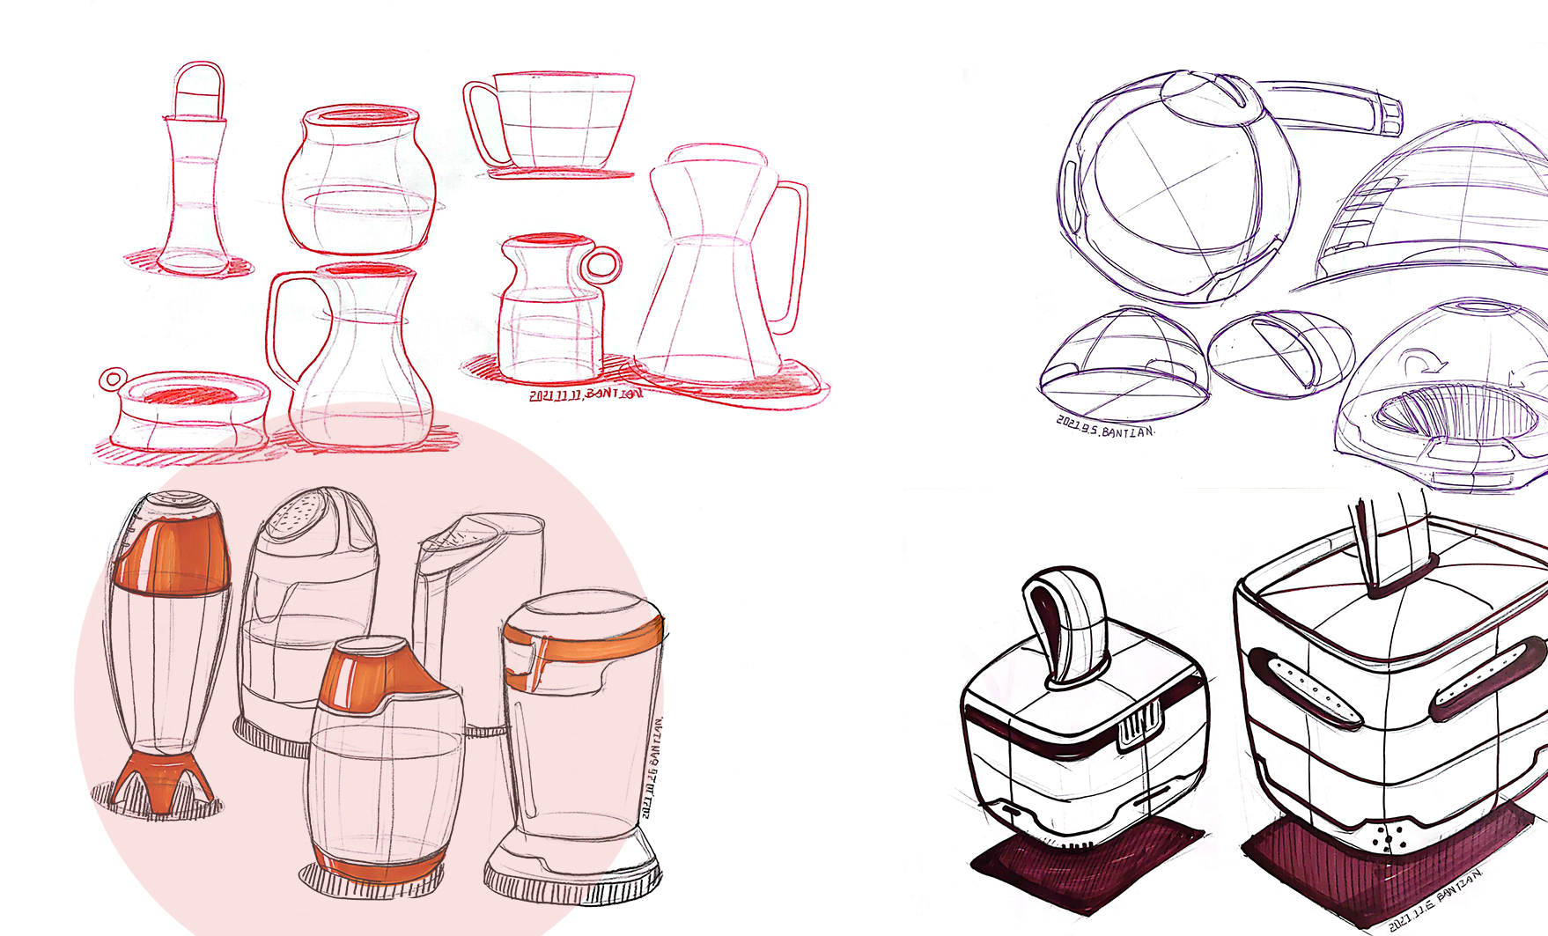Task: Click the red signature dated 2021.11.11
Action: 586,394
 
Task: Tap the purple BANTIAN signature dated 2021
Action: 1105,428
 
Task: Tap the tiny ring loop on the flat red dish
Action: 113,380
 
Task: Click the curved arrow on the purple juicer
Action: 1419,363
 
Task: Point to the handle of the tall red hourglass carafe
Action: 792,255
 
